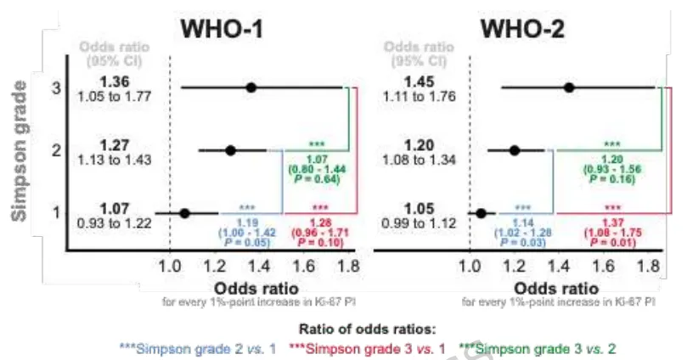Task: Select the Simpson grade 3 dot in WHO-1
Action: point(251,87)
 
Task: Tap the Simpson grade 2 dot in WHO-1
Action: point(230,150)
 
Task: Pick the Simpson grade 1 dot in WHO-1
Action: point(185,212)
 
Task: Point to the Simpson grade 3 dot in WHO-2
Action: point(569,87)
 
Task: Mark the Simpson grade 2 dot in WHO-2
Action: point(514,150)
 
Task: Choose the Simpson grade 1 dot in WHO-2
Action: point(481,212)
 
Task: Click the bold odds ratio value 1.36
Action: point(115,82)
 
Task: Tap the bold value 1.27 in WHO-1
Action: point(115,144)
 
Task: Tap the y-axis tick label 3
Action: point(56,87)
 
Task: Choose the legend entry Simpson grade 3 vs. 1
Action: point(369,347)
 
